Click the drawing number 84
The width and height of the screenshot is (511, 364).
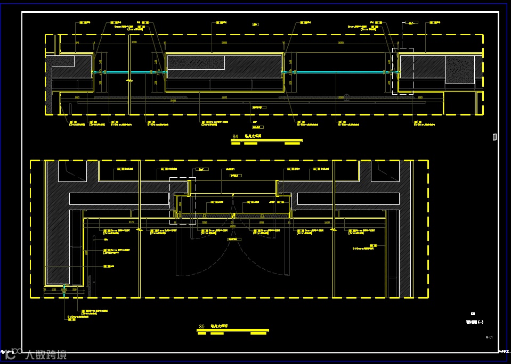pos(235,137)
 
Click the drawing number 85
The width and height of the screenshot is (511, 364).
pos(201,326)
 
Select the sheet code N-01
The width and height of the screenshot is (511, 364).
pos(489,337)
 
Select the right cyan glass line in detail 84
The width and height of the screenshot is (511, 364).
pos(341,72)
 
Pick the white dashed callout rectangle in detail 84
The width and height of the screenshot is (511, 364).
pos(402,71)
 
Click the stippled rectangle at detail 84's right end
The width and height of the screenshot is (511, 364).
pos(460,70)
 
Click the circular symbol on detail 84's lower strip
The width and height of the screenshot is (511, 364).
pos(347,97)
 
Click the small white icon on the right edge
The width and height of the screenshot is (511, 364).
pos(494,137)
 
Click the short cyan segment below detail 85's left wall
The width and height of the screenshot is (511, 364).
pos(64,291)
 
